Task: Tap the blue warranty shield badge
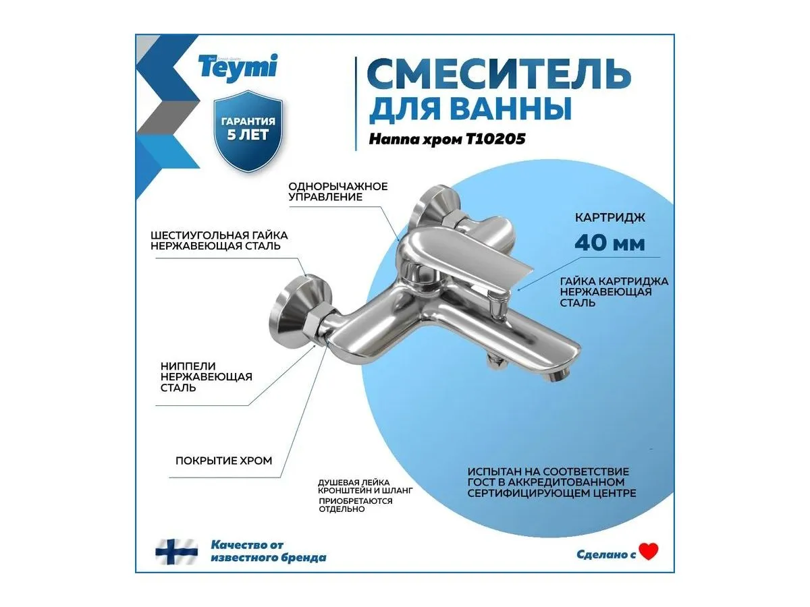pos(248,131)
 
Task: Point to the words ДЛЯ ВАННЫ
pos(470,109)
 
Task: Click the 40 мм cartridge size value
pos(610,243)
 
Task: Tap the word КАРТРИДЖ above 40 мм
pos(610,218)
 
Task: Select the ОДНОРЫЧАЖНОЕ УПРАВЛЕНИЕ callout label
pos(338,192)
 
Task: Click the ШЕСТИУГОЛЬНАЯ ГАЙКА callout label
pos(219,241)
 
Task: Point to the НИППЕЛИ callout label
pos(207,376)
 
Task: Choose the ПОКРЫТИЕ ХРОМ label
pos(223,461)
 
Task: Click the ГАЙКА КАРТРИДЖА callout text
pos(614,292)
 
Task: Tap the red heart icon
pos(649,552)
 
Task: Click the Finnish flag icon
pos(176,552)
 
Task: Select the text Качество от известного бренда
pos(268,551)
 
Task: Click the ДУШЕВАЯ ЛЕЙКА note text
pos(365,496)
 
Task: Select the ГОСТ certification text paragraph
pos(551,482)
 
